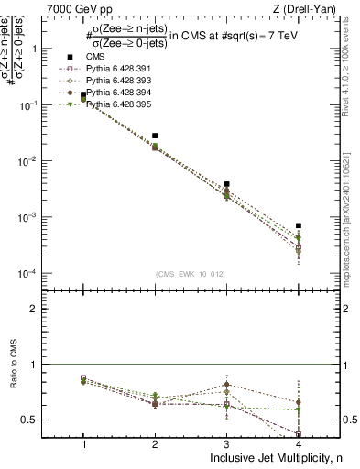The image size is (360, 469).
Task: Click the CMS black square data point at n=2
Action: (155, 136)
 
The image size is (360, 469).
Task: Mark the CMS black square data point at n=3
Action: (226, 184)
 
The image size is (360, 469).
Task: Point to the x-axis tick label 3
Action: (226, 443)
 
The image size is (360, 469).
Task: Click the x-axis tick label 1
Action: (83, 443)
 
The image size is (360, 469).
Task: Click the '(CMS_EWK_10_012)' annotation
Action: (191, 273)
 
